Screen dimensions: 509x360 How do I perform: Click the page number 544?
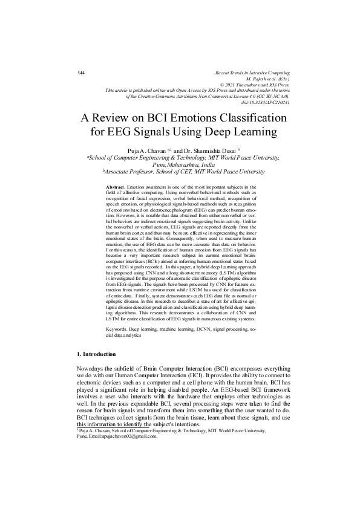tap(82, 73)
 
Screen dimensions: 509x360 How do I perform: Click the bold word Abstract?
tap(115, 188)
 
